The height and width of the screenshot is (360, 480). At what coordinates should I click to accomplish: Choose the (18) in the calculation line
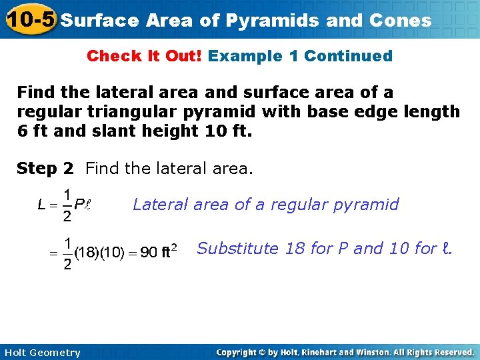coord(85,253)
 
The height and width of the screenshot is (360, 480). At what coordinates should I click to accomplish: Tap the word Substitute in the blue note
coord(238,249)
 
